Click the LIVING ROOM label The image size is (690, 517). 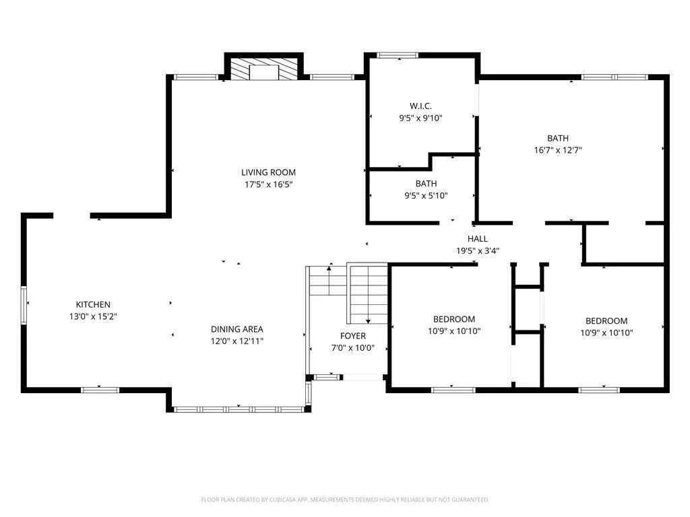268,172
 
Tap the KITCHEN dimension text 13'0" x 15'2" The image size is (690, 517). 93,316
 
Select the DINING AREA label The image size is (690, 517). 237,329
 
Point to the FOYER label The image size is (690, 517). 353,336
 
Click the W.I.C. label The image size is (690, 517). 420,106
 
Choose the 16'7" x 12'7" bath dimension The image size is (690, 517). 558,150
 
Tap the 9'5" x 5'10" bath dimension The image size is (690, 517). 426,196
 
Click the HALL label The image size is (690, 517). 478,239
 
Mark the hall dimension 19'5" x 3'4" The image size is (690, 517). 478,251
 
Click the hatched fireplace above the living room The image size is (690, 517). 263,69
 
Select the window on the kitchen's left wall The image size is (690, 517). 24,305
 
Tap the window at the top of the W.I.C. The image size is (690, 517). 398,55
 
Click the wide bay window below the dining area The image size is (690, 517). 239,409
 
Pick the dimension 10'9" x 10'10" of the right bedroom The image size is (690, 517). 606,333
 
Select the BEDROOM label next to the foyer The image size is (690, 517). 454,319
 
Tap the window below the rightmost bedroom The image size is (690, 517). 599,390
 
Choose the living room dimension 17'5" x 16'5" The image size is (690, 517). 268,184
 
